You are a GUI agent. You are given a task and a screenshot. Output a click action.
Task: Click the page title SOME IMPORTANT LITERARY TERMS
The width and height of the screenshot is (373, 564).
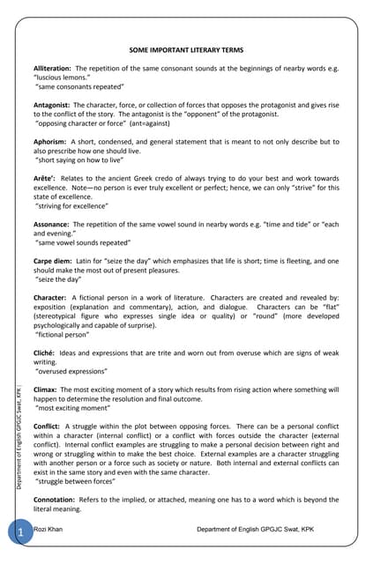[186, 51]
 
